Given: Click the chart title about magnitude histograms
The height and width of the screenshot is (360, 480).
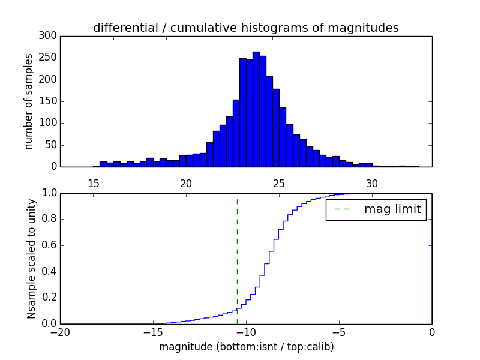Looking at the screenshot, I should tap(245, 28).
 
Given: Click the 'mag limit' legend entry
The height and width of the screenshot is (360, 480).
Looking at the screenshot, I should tap(376, 209).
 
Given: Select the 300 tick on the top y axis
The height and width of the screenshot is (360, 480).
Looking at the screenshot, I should tap(49, 36).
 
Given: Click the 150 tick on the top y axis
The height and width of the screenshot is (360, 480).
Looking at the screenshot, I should tap(49, 101).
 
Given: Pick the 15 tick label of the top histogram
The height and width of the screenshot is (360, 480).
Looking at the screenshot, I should tap(93, 184).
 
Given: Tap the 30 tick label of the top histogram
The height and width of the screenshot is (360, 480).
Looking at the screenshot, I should tap(372, 184).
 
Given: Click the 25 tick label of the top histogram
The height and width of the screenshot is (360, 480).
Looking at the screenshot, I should tap(279, 184).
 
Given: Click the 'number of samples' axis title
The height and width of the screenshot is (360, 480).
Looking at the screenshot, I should tap(29, 101).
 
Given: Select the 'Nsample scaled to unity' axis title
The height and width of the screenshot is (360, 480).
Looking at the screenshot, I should tap(31, 259).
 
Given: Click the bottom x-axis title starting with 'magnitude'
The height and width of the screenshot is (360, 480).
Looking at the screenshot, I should tap(246, 347).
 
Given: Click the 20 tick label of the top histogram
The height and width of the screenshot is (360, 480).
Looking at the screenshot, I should tap(186, 184).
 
